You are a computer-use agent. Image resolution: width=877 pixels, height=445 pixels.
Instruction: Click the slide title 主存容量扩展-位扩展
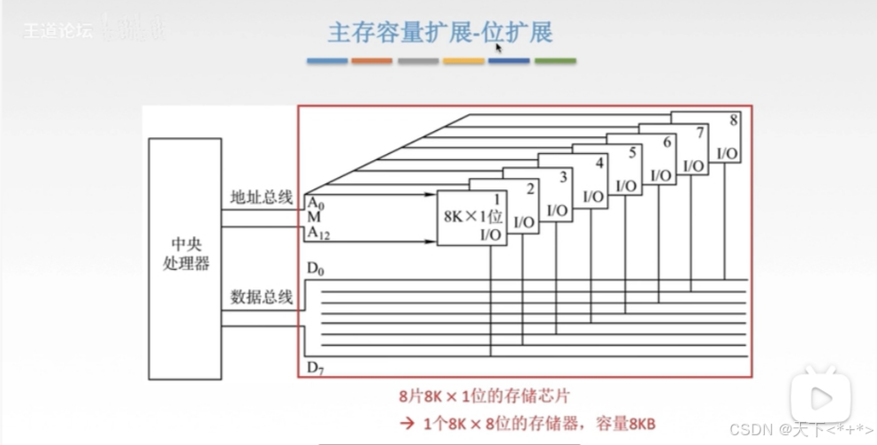[440, 33]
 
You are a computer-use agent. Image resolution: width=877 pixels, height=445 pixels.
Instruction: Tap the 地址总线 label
[261, 197]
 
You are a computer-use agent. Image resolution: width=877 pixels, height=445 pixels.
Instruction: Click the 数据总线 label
[261, 297]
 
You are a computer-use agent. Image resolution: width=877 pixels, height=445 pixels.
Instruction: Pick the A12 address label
[317, 233]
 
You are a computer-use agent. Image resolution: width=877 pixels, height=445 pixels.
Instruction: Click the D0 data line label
[315, 269]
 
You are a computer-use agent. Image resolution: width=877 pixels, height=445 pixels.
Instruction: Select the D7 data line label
[315, 365]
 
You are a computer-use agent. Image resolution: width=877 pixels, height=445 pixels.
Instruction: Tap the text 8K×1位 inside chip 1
[472, 216]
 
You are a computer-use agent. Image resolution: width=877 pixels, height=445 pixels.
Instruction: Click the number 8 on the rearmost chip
[734, 119]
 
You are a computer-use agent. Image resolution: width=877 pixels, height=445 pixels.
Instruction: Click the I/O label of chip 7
[694, 165]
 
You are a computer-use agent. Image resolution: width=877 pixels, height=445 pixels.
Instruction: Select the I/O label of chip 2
[523, 222]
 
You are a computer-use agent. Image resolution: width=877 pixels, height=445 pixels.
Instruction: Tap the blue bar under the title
[327, 61]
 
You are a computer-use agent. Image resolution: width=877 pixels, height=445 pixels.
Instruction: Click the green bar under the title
[554, 61]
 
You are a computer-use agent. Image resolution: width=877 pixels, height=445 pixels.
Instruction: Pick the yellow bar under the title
[463, 61]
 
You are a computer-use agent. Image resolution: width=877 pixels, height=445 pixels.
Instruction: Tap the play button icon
[820, 394]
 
